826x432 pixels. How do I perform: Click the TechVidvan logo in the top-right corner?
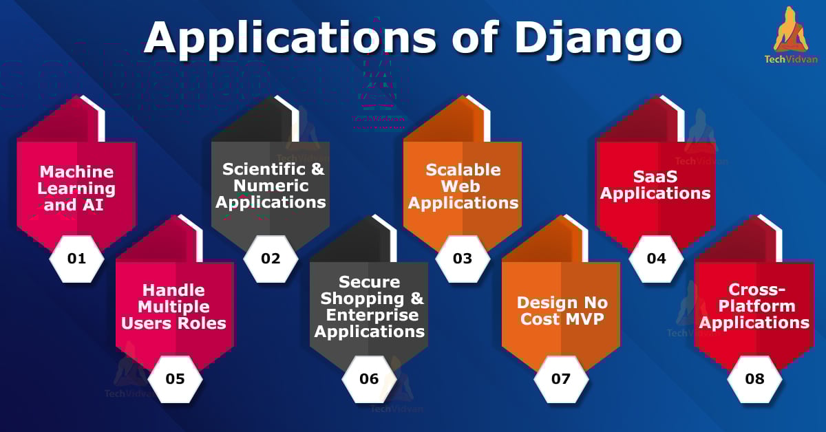pyautogui.click(x=791, y=35)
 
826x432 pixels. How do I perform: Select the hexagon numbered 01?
pyautogui.click(x=76, y=259)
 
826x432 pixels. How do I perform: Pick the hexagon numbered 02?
pyautogui.click(x=271, y=259)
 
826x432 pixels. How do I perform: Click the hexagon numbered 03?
pyautogui.click(x=463, y=259)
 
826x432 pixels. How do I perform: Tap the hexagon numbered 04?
pyautogui.click(x=657, y=259)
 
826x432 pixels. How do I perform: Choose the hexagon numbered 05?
pyautogui.click(x=175, y=379)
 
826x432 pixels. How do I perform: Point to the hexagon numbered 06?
pyautogui.click(x=369, y=379)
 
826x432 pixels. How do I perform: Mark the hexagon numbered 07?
pyautogui.click(x=561, y=379)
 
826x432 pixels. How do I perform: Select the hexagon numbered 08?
pyautogui.click(x=755, y=379)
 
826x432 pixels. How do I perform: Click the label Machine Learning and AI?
pyautogui.click(x=76, y=188)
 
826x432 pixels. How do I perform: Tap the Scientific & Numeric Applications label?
pyautogui.click(x=271, y=186)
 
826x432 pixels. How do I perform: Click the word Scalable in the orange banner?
pyautogui.click(x=463, y=170)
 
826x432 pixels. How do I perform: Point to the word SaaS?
pyautogui.click(x=655, y=177)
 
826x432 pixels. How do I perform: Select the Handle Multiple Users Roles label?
pyautogui.click(x=173, y=307)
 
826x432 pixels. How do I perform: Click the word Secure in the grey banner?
pyautogui.click(x=370, y=282)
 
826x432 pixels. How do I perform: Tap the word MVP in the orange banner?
pyautogui.click(x=585, y=319)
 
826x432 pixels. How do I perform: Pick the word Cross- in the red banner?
pyautogui.click(x=756, y=290)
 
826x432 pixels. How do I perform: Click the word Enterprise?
pyautogui.click(x=372, y=315)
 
